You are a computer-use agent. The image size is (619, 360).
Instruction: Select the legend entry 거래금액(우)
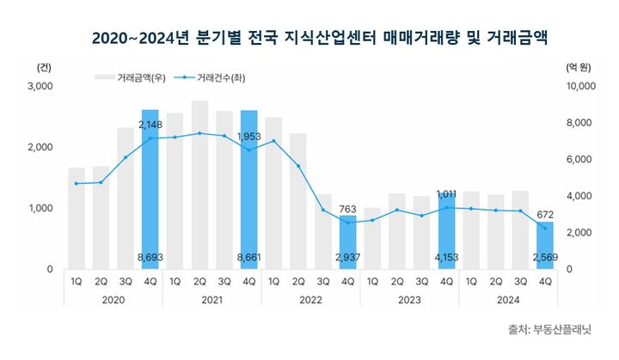point(129,77)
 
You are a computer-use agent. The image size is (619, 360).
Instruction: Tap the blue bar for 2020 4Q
point(150,189)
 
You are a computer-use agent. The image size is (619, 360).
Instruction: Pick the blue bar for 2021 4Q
point(248,189)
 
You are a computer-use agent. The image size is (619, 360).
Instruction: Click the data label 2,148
point(150,125)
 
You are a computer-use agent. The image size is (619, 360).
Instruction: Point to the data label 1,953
point(249,137)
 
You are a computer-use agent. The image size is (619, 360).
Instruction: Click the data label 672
point(546,214)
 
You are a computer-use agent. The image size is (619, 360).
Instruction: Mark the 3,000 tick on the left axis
point(40,87)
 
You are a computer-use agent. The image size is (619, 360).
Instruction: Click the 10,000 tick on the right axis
point(581,87)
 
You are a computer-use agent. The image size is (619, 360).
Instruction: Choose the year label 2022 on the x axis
point(311,300)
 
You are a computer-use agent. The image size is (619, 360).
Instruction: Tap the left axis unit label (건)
point(44,66)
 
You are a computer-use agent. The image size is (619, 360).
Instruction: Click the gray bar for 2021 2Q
point(199,185)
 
